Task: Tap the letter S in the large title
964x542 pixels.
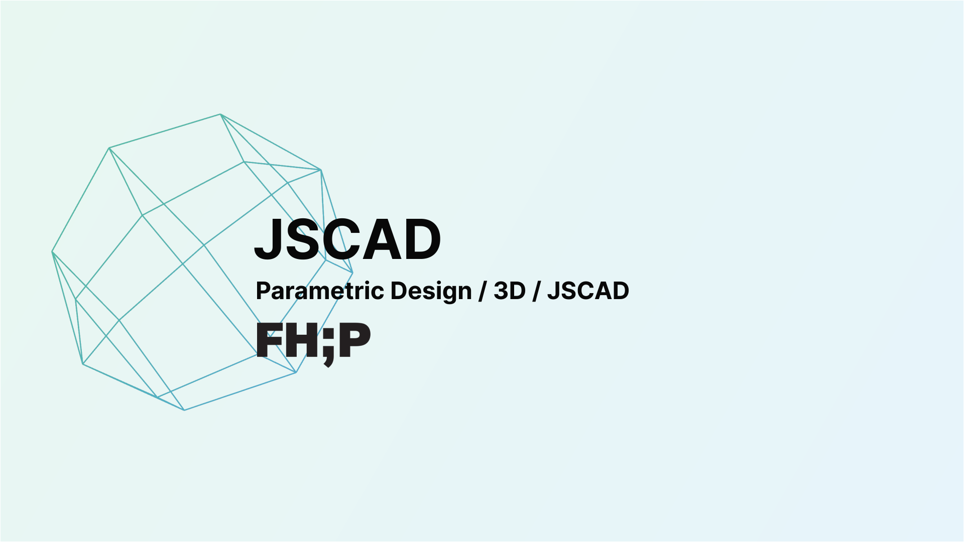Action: coord(304,240)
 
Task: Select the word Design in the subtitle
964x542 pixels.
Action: coord(431,291)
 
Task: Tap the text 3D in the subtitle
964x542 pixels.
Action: coord(509,291)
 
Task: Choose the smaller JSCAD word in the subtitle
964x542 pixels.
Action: coord(588,291)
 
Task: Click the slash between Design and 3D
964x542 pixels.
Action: coord(483,291)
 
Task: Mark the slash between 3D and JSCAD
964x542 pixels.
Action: coord(536,291)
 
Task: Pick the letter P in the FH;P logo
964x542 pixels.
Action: coord(354,340)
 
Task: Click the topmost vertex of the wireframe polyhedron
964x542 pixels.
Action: coord(220,114)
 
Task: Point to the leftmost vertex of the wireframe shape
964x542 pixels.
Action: coord(52,252)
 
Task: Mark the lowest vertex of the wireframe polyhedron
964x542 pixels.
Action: coord(184,410)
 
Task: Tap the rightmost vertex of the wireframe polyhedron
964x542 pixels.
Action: coord(352,273)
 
